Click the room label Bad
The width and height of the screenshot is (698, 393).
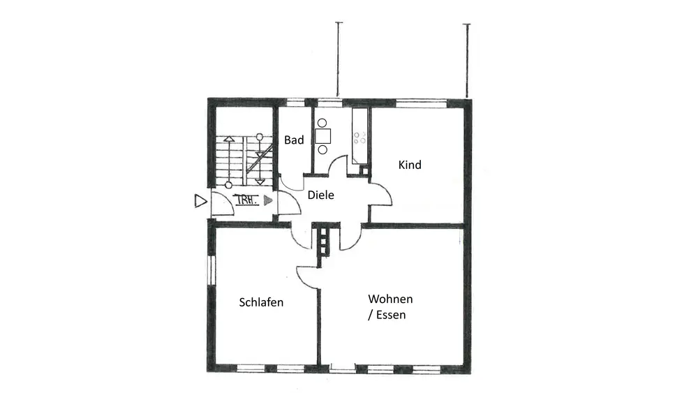(294, 140)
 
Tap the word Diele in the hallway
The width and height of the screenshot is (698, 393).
(321, 195)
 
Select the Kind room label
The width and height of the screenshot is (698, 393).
(410, 165)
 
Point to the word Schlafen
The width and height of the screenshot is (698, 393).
(261, 303)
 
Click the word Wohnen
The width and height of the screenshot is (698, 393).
(390, 299)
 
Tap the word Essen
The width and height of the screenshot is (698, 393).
(391, 316)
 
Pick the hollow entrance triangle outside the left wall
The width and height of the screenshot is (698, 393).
(200, 201)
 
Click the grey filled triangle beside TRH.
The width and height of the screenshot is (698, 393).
(267, 200)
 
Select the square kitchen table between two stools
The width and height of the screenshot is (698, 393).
(322, 136)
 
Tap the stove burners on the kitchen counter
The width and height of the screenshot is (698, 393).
(360, 138)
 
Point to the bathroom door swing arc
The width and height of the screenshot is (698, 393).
(290, 183)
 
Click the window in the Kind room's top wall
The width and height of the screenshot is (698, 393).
(420, 103)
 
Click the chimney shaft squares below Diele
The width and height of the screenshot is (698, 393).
(323, 244)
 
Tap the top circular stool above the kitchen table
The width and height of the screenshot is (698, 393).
(322, 123)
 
